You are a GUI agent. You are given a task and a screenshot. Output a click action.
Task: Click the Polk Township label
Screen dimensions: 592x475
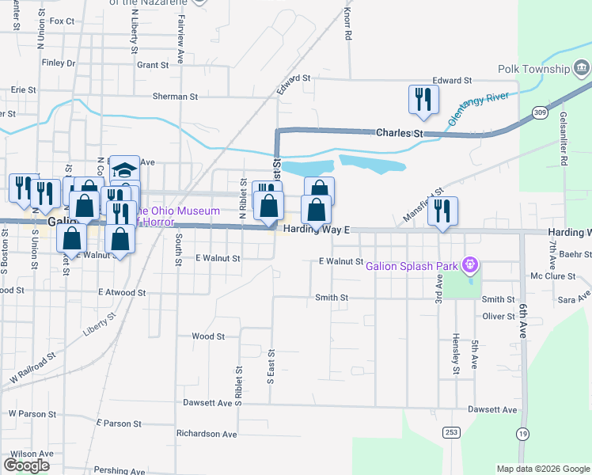(534, 69)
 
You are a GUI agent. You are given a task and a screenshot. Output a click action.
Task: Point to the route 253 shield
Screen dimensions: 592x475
(450, 431)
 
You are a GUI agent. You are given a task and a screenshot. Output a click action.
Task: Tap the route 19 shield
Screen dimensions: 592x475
(522, 433)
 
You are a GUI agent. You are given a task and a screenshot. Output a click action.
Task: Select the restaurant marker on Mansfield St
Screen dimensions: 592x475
(442, 211)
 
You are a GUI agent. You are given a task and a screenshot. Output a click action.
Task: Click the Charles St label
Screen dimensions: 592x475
(400, 133)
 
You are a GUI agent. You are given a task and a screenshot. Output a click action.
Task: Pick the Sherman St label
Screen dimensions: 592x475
(175, 97)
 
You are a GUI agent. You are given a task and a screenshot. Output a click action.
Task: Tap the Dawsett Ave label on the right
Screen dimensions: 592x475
(491, 409)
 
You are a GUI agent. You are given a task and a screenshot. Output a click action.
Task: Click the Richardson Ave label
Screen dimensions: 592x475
(207, 434)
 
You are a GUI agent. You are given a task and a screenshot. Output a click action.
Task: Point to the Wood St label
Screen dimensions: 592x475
(208, 336)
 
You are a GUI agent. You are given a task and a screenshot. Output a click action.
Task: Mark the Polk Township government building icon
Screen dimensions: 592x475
(582, 69)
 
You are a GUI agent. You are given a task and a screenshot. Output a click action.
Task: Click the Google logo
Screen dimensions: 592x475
(26, 465)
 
